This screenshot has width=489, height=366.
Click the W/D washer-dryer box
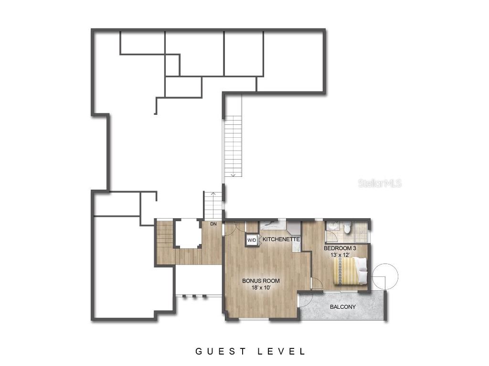[x=251, y=240]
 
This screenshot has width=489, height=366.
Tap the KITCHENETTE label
[x=281, y=239]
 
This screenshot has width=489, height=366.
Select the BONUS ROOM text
[x=261, y=281]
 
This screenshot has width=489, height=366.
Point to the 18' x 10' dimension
[x=261, y=288]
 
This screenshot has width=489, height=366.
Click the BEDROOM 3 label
[x=340, y=248]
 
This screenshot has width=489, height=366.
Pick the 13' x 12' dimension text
[x=340, y=255]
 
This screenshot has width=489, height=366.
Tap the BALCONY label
[x=342, y=307]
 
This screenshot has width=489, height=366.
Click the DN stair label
[x=213, y=224]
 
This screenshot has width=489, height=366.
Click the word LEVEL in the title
[x=282, y=352]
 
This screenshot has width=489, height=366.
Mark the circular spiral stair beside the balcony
[x=385, y=276]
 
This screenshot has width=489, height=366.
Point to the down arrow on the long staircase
[x=233, y=174]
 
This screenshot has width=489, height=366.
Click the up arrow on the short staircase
[x=213, y=194]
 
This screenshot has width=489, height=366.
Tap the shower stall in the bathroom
[x=363, y=229]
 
